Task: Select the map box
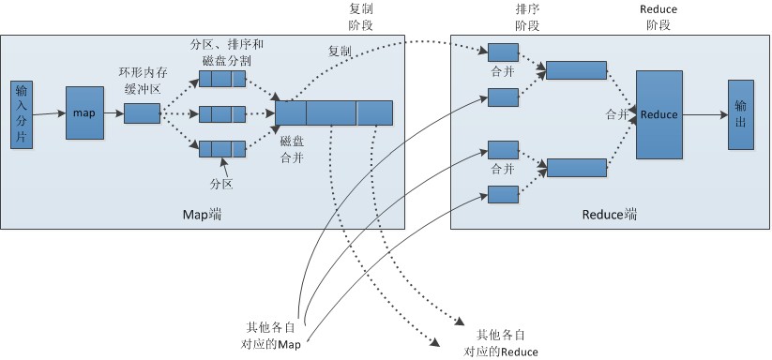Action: pyautogui.click(x=84, y=113)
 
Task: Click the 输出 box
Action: pyautogui.click(x=740, y=113)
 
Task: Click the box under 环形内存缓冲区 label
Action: pyautogui.click(x=142, y=113)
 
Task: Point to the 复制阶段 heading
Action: pyautogui.click(x=361, y=16)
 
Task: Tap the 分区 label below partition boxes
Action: pyautogui.click(x=220, y=184)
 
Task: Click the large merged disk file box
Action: pyautogui.click(x=334, y=113)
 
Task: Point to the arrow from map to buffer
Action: pyautogui.click(x=114, y=113)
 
